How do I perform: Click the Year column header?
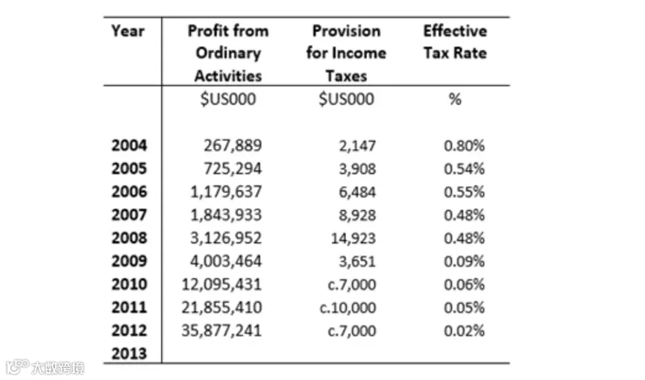[128, 31]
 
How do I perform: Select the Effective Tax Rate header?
[456, 42]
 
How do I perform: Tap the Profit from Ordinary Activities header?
[228, 54]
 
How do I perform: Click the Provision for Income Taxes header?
[346, 54]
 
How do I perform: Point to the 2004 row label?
[129, 145]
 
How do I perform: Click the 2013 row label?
[129, 354]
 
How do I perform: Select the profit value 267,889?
[233, 145]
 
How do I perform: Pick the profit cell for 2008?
[226, 238]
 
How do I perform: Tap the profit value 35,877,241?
[221, 331]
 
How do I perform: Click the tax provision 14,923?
[353, 238]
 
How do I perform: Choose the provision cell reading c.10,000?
[347, 308]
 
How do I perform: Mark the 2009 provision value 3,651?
[357, 262]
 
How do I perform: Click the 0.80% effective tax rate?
[465, 145]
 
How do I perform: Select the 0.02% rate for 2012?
[465, 331]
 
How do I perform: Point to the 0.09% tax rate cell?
[465, 262]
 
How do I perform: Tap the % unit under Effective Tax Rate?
[455, 99]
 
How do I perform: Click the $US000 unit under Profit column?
[228, 99]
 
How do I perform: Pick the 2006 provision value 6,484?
[357, 192]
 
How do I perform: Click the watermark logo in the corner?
[45, 367]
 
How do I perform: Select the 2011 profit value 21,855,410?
[221, 308]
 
